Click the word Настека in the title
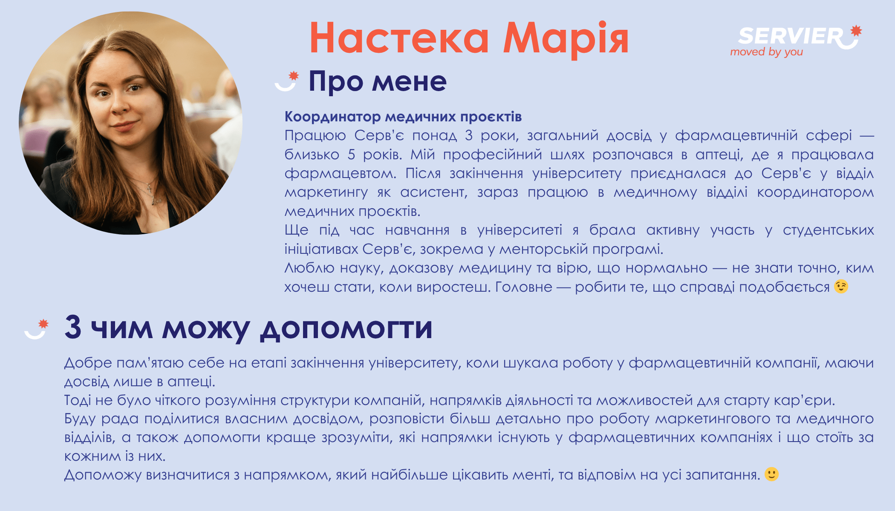tap(399, 38)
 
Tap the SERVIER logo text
tap(791, 36)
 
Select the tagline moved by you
tap(766, 52)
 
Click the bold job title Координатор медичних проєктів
tap(403, 116)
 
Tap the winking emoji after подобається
tap(841, 287)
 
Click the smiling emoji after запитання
tap(771, 474)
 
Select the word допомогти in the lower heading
tap(346, 328)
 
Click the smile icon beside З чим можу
tap(36, 329)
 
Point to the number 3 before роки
tap(469, 135)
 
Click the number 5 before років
tap(351, 154)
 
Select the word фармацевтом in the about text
tap(341, 173)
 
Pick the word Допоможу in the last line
tap(103, 475)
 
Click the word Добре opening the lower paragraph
tap(88, 363)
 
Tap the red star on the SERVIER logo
tap(856, 31)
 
